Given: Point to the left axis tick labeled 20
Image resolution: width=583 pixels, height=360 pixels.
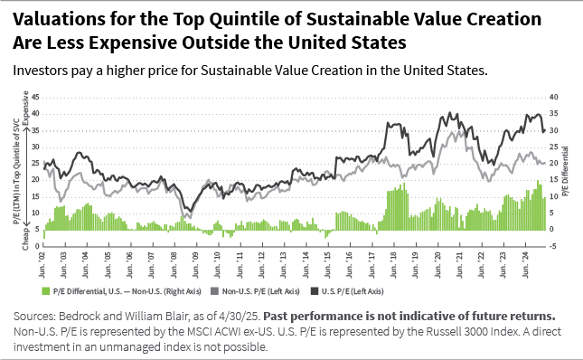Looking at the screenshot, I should (37, 178).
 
